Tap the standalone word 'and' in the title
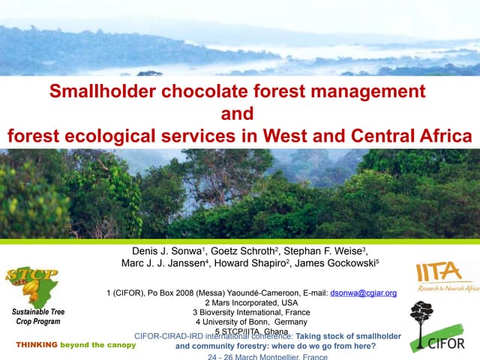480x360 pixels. click(x=239, y=114)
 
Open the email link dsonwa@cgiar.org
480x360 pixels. click(x=363, y=293)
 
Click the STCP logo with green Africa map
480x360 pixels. click(x=31, y=281)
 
